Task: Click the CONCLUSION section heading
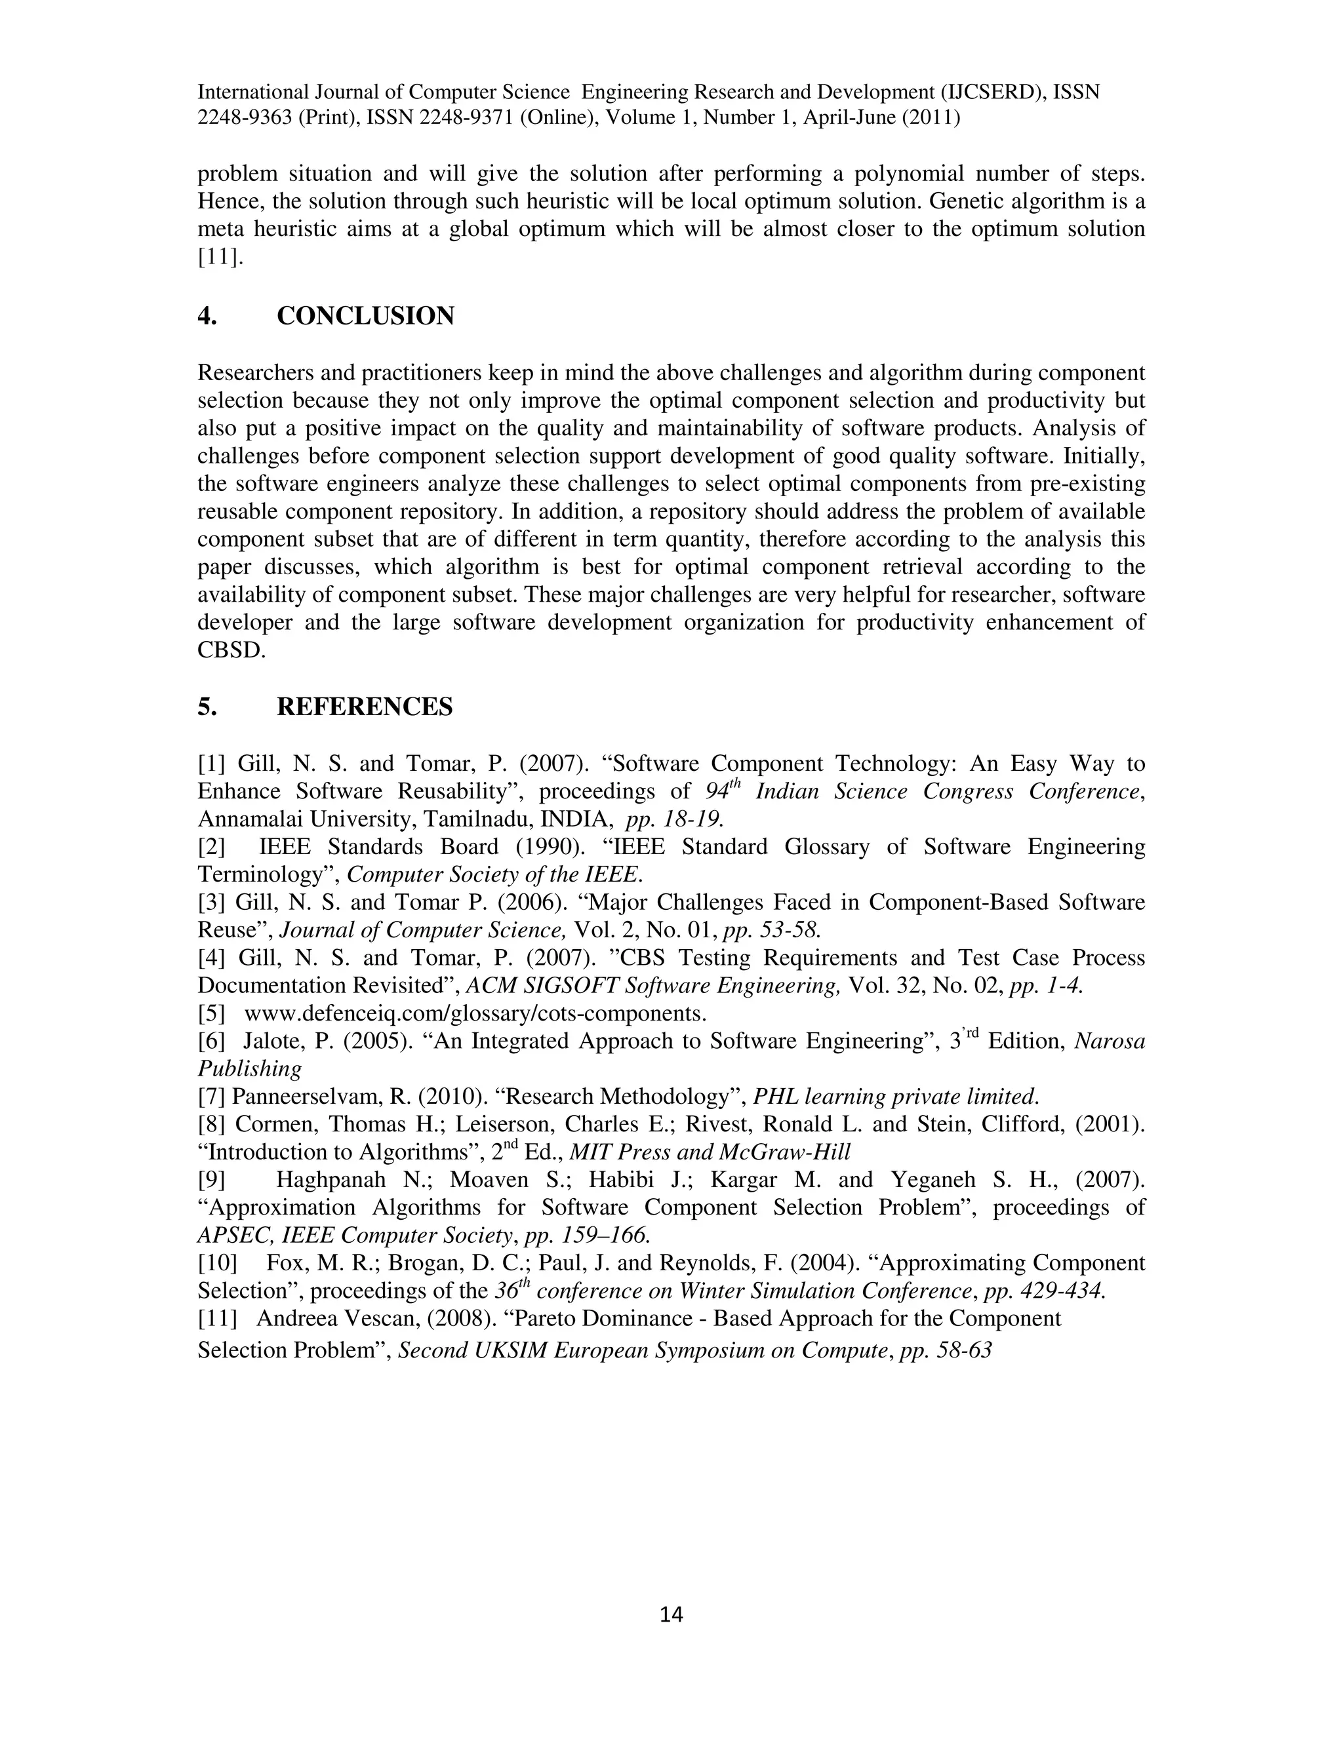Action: point(365,316)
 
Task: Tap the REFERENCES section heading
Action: point(365,706)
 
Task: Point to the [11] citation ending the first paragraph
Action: point(220,257)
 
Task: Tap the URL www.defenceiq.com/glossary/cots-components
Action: point(475,1013)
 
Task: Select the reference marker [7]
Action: point(212,1097)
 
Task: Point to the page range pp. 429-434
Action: point(1045,1290)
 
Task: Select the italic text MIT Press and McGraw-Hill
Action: point(710,1152)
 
